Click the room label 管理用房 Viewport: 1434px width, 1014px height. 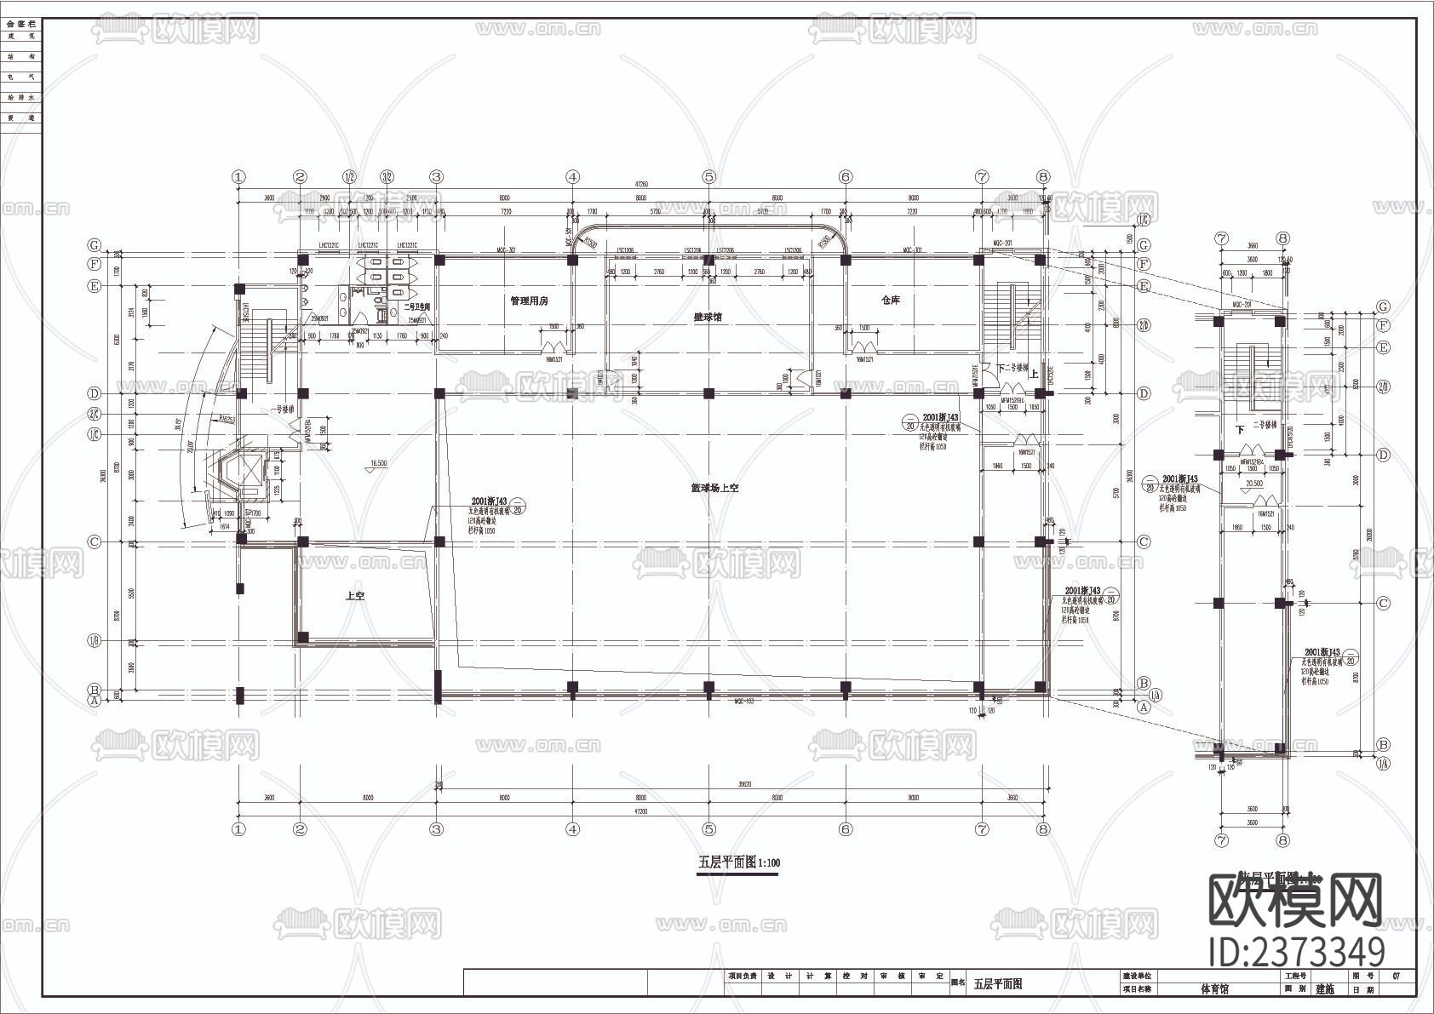pyautogui.click(x=529, y=301)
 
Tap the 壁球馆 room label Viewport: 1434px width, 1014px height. pyautogui.click(x=708, y=317)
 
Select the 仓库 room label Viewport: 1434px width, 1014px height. pyautogui.click(x=891, y=301)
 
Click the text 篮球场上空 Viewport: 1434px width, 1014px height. pyautogui.click(x=714, y=489)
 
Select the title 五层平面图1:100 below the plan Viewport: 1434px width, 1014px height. pyautogui.click(x=738, y=862)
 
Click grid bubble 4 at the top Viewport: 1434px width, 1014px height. pyautogui.click(x=573, y=177)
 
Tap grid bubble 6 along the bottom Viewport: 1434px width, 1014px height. pyautogui.click(x=846, y=828)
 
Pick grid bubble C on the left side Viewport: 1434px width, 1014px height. pyautogui.click(x=95, y=541)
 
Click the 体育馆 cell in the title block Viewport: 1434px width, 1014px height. pyautogui.click(x=1214, y=988)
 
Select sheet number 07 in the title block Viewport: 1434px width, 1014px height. pyautogui.click(x=1396, y=976)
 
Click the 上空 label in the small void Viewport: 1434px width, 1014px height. pyautogui.click(x=355, y=597)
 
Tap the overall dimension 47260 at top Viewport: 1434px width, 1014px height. pyautogui.click(x=640, y=185)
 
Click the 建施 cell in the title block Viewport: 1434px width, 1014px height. pyautogui.click(x=1326, y=989)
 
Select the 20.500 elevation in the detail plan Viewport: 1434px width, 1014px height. pyautogui.click(x=1253, y=484)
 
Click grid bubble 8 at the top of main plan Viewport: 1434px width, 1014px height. pyautogui.click(x=1044, y=177)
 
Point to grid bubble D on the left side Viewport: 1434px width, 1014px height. pyautogui.click(x=95, y=393)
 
